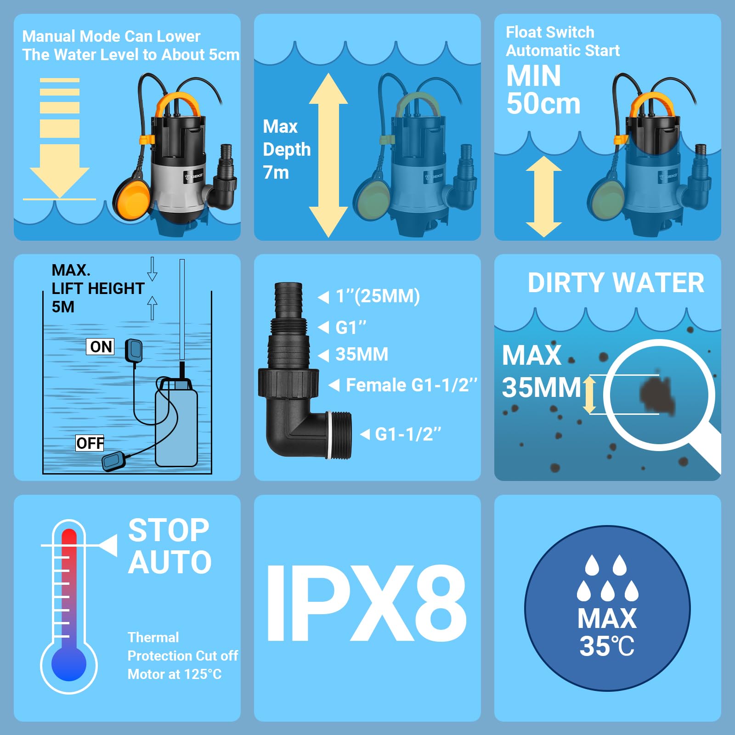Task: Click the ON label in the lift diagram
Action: click(101, 346)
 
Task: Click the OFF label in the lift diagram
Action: click(90, 443)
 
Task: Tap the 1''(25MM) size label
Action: click(378, 296)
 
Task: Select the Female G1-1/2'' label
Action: click(411, 385)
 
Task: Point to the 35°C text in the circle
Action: click(607, 646)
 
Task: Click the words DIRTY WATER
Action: click(616, 283)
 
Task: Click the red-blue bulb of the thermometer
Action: click(69, 664)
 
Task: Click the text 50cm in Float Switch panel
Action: click(543, 104)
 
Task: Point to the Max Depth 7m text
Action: click(286, 149)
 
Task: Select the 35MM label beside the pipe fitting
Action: click(362, 355)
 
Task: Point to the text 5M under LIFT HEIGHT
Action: click(63, 307)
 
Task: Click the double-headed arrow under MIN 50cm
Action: click(544, 197)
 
